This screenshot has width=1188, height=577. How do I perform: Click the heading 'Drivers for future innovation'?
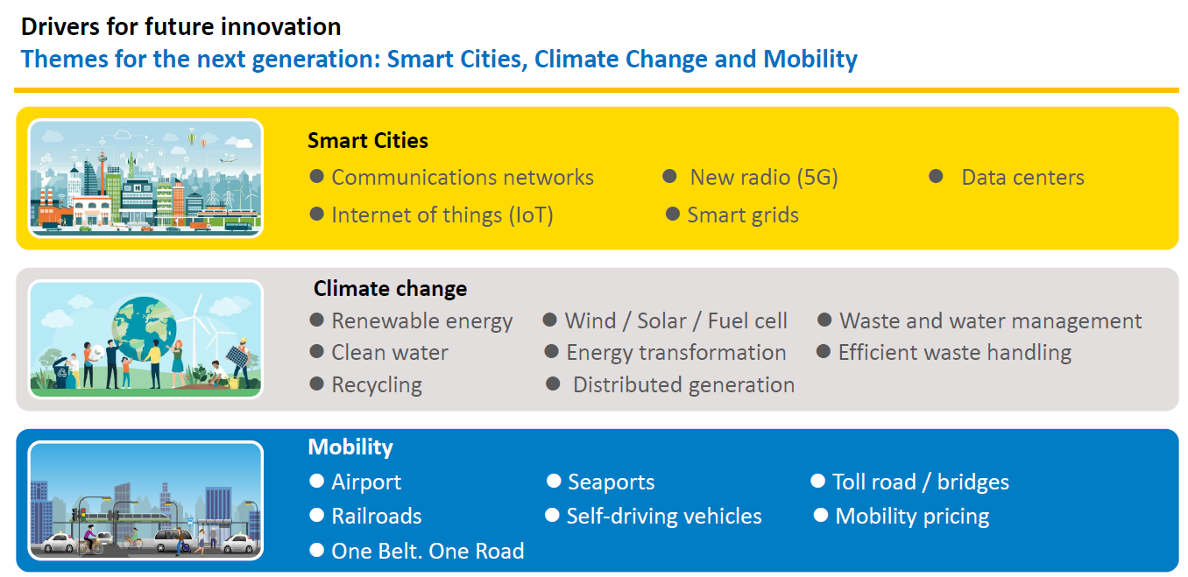coord(180,27)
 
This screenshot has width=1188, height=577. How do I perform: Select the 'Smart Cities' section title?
coord(368,141)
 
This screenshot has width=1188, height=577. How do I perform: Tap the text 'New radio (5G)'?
coord(764,178)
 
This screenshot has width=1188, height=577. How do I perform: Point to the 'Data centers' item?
coord(1022,178)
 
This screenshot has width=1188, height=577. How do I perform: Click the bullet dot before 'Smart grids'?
coord(673,214)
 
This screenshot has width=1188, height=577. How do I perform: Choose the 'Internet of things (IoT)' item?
coord(442,215)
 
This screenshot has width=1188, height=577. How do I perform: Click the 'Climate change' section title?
coord(390,289)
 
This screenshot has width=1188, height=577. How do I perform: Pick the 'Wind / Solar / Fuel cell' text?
coord(675,321)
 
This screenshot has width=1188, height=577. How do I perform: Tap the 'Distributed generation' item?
coord(683,385)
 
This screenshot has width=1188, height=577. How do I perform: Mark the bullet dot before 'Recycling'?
coord(316,384)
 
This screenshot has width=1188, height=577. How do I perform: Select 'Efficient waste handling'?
coord(955,353)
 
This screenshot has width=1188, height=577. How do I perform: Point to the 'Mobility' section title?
coord(350,447)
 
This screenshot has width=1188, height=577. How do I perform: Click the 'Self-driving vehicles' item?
coord(664,516)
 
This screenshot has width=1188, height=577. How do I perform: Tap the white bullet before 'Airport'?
coord(316,481)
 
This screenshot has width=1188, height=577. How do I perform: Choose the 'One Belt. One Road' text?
coord(428,551)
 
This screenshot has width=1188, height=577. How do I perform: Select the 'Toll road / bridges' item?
coord(921,482)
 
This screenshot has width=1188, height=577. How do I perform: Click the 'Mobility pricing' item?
coord(912,517)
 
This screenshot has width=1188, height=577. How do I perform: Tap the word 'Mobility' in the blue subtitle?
coord(810,60)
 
